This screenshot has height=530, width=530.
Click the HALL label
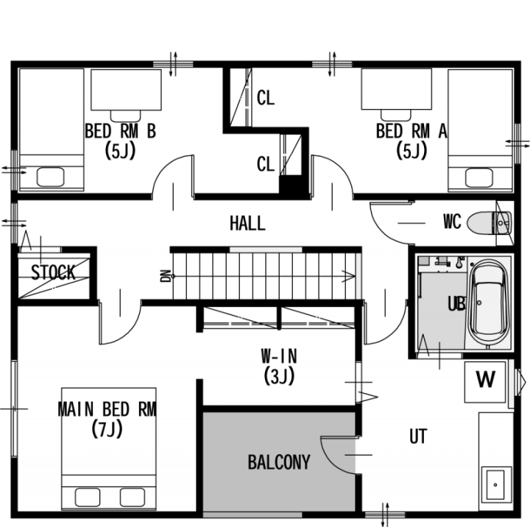tap(247, 224)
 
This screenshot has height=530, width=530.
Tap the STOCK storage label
tap(53, 272)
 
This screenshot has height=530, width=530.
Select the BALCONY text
tap(279, 462)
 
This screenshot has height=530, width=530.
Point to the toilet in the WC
tap(489, 222)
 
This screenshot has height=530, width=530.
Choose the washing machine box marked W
tap(485, 382)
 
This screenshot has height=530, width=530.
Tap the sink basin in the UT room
tap(495, 484)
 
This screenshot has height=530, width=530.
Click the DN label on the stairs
tap(166, 276)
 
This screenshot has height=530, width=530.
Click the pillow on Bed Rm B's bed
tap(50, 177)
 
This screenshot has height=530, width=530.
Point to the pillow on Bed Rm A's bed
tap(478, 177)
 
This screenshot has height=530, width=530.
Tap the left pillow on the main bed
tap(87, 497)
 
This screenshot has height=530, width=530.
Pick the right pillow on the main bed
tap(132, 497)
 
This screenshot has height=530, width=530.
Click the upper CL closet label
tap(265, 98)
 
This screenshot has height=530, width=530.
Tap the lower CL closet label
tap(265, 165)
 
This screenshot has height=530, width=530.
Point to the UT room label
tap(418, 437)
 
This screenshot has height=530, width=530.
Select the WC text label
tap(452, 222)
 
